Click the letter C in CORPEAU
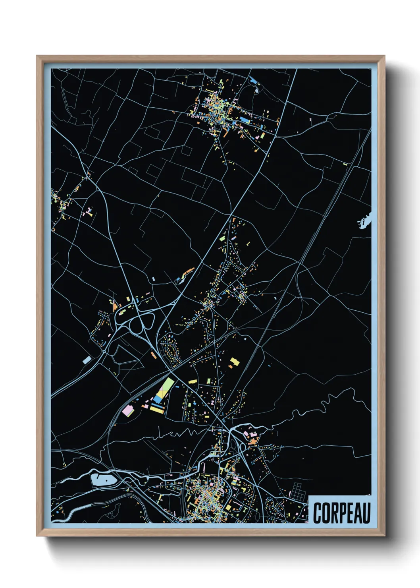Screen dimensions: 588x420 pos(318,513)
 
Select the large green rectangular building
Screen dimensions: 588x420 pos(167,385)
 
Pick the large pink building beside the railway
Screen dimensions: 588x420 pos(128,411)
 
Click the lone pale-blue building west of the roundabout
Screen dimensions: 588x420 pos(87,360)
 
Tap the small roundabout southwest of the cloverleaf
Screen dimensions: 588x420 pos(104,351)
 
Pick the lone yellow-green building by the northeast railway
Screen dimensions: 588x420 pos(345,164)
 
